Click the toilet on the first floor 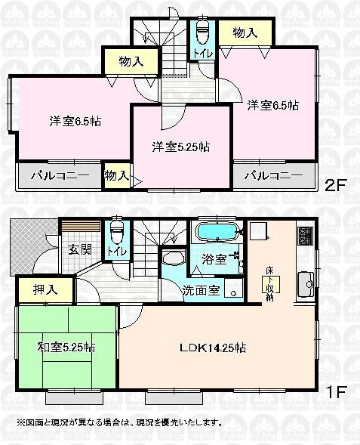115,230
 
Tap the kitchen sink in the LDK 306,285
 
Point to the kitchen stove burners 305,236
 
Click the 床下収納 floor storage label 270,283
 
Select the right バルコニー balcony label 274,176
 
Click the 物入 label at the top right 243,33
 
